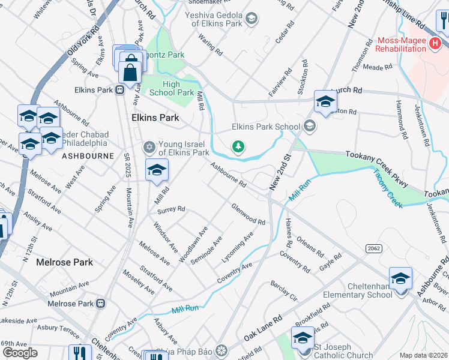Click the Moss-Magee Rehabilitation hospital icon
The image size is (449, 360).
click(x=436, y=43)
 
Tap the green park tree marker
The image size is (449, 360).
click(x=238, y=146)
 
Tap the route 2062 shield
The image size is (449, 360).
click(x=372, y=248)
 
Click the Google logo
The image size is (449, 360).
click(x=19, y=352)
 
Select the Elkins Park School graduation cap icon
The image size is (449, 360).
click(x=309, y=126)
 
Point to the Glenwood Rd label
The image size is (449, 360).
click(x=249, y=214)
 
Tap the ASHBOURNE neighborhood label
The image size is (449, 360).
click(x=87, y=156)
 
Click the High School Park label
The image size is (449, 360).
click(x=171, y=88)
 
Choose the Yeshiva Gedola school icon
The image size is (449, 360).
click(x=253, y=18)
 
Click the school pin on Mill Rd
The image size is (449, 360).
click(x=157, y=170)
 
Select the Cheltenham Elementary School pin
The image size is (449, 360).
click(x=400, y=278)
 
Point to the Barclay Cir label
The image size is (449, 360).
click(x=284, y=290)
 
